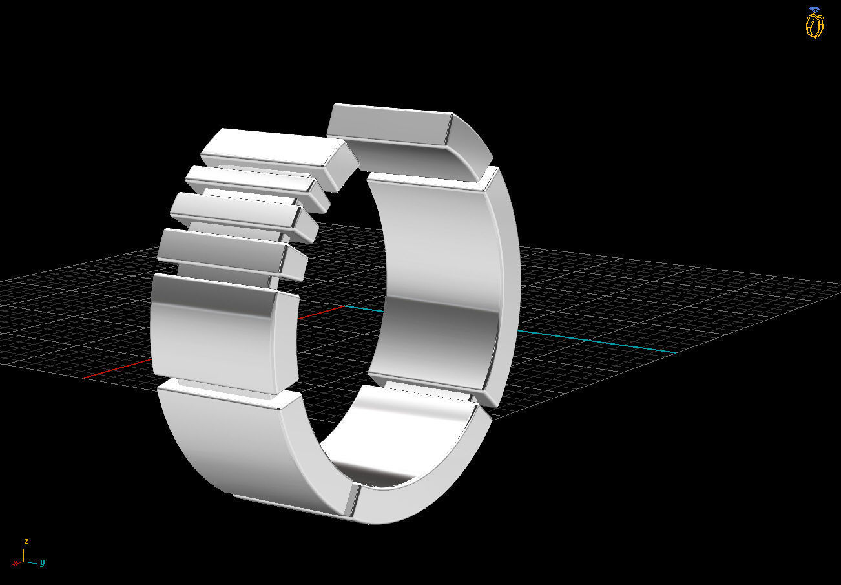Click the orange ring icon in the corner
click(x=815, y=25)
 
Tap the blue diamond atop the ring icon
click(x=815, y=10)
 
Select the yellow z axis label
click(x=26, y=540)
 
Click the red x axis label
click(x=16, y=564)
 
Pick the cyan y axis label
click(x=42, y=563)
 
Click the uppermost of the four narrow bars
click(x=268, y=148)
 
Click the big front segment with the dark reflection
click(x=213, y=330)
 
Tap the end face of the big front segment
click(x=288, y=341)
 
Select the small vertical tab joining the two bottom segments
click(x=352, y=499)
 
